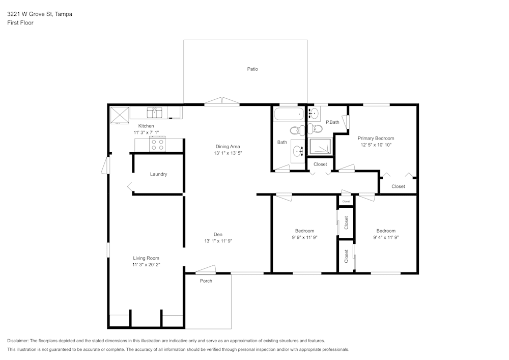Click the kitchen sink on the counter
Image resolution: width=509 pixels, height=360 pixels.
point(154,112)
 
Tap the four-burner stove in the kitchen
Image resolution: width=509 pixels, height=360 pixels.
point(157,145)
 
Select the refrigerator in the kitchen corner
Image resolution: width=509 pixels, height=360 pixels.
point(120,115)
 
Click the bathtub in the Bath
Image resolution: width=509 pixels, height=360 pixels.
point(289,115)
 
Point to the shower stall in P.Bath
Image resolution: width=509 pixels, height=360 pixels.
point(320,147)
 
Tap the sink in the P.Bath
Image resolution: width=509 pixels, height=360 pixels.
point(314,113)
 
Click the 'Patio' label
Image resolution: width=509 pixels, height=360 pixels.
point(252,69)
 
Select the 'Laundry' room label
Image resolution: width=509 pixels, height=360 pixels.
point(158,174)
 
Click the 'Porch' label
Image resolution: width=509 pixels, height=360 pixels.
point(206,281)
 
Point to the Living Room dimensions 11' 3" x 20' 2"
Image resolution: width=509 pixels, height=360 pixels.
point(147,265)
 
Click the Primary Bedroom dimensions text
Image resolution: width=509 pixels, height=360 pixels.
point(376,145)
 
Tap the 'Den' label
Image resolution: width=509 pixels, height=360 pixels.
point(218,234)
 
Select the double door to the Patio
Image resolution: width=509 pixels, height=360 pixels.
point(221,102)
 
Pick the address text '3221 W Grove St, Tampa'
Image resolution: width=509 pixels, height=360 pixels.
point(40,14)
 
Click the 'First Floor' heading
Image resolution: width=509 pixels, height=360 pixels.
point(20,23)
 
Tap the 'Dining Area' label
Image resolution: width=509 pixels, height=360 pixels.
point(228,147)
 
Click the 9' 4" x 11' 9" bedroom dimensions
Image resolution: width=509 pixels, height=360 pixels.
point(386,237)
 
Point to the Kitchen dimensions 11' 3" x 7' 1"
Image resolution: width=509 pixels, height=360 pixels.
point(146,132)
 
